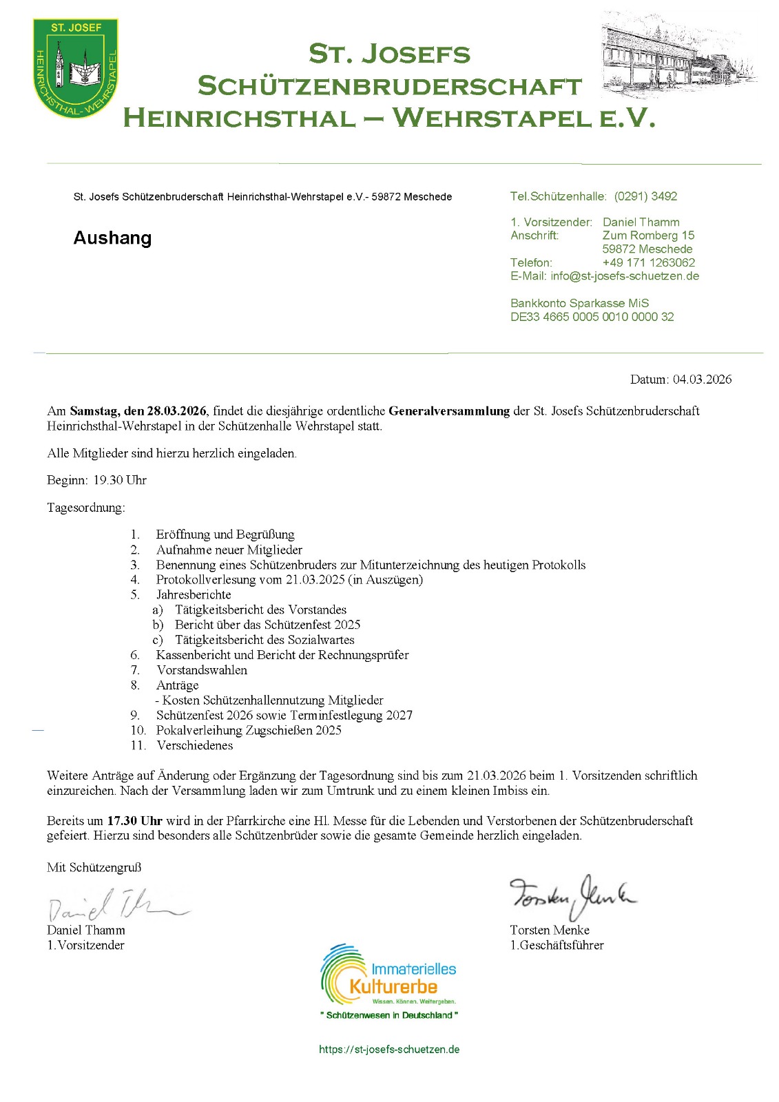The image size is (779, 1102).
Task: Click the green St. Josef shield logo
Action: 75,67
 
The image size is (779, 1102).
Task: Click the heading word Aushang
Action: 112,238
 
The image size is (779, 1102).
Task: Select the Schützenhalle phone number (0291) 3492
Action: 645,196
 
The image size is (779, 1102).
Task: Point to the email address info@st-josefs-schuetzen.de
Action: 624,276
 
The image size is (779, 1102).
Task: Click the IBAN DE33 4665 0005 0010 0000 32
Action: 592,317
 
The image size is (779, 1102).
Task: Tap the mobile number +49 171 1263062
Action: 648,262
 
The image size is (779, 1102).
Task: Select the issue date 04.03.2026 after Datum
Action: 702,380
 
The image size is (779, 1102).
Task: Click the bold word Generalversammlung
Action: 449,411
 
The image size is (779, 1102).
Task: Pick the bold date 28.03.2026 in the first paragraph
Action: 176,411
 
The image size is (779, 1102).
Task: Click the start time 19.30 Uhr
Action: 120,480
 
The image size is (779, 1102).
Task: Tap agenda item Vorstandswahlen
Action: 202,670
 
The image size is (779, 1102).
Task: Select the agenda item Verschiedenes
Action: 195,745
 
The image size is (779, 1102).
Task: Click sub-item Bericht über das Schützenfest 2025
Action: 267,625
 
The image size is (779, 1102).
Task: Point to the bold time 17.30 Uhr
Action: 134,821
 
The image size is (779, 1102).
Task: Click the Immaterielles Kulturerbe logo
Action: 388,978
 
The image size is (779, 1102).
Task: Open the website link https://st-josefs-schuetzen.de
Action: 389,1050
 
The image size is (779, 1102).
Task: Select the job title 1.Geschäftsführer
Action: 557,946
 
